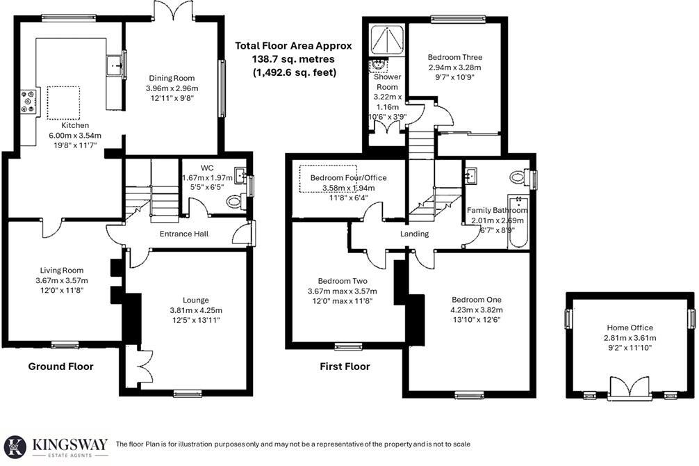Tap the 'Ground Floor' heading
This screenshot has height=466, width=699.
tap(60, 367)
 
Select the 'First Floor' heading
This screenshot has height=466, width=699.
tap(345, 367)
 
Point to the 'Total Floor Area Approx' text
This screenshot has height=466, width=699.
tap(293, 46)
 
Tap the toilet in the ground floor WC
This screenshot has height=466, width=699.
tap(235, 202)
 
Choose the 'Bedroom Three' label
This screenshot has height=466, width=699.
tap(454, 57)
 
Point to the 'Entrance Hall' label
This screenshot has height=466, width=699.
tap(184, 234)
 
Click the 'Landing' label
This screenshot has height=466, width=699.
tap(414, 234)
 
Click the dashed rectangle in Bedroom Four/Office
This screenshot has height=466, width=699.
tap(328, 180)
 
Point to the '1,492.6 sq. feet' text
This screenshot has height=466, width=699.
tap(294, 72)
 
